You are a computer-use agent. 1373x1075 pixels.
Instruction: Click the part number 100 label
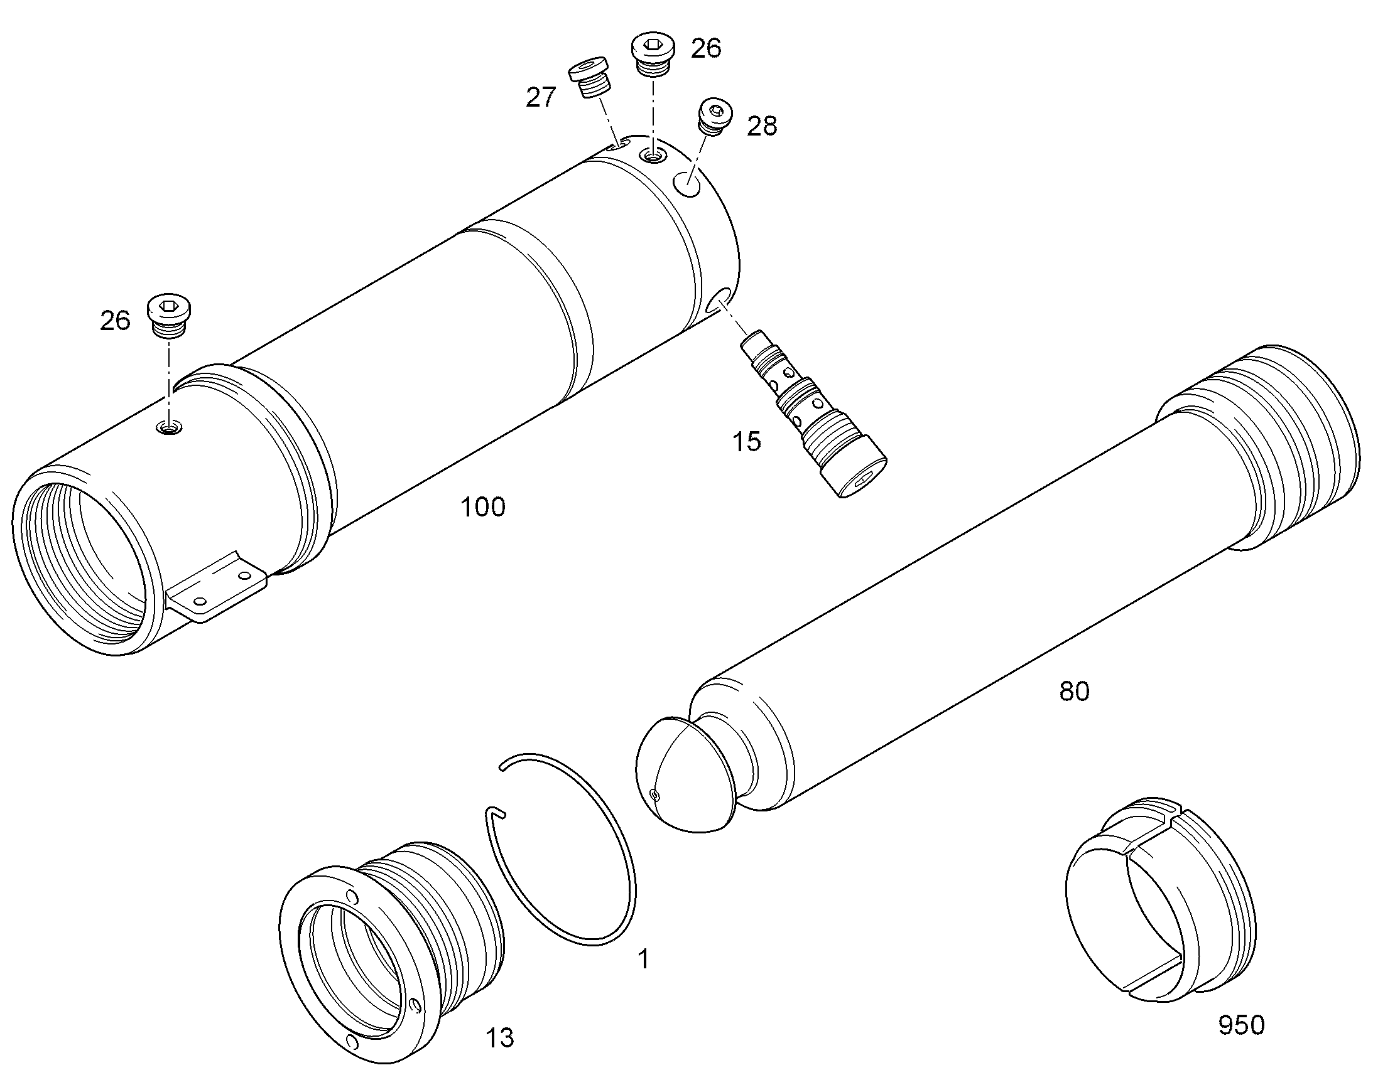click(x=483, y=507)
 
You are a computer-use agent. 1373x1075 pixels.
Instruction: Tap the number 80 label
click(x=1074, y=692)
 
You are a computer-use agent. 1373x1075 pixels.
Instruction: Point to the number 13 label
click(x=499, y=1038)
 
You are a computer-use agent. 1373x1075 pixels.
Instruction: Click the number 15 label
click(x=746, y=442)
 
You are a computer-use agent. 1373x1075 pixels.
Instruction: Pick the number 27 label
click(x=541, y=97)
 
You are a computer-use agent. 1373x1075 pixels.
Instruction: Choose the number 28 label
click(x=762, y=127)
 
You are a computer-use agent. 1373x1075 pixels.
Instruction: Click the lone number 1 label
click(x=643, y=960)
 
